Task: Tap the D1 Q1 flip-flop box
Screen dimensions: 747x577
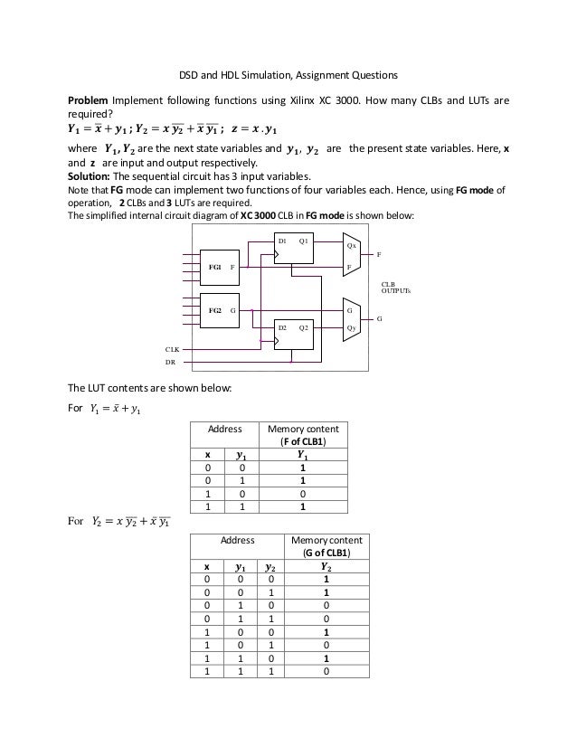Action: click(x=293, y=248)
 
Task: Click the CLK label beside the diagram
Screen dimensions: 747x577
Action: click(x=171, y=348)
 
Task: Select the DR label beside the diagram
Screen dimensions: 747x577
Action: click(x=169, y=361)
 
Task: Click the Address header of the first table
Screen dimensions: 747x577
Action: click(x=225, y=430)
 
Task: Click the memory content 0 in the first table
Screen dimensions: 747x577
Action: click(x=303, y=494)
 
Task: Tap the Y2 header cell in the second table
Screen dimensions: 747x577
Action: click(x=318, y=566)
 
